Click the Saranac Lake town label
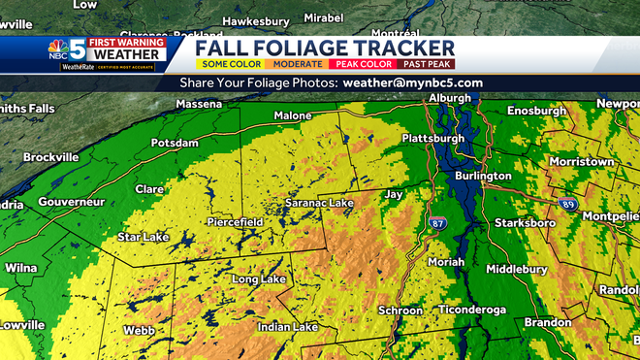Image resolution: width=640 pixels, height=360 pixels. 318,203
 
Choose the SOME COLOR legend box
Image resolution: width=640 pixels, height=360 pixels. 232,63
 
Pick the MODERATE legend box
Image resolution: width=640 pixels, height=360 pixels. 298,63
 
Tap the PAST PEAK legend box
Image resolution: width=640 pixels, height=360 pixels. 427,63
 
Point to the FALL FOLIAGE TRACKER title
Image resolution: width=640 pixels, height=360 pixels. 325,48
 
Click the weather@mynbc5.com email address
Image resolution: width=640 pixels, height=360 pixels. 412,82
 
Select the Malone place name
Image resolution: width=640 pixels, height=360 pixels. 292,115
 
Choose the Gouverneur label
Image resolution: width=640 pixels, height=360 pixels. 71,202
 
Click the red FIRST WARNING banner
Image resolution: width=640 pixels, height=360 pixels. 127,43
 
